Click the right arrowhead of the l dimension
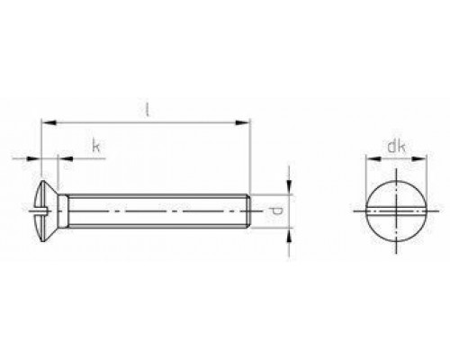click(x=245, y=119)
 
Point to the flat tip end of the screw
click(x=248, y=211)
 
